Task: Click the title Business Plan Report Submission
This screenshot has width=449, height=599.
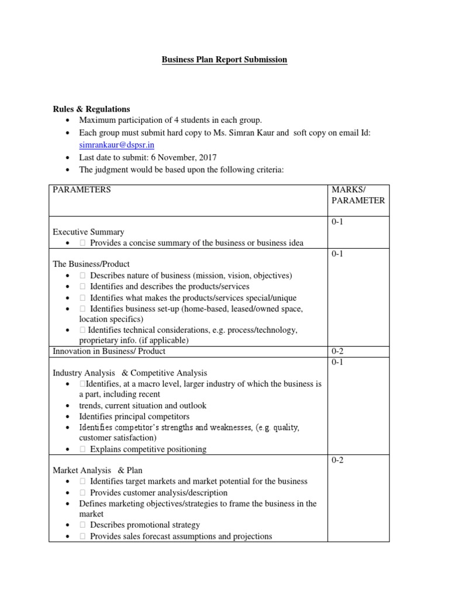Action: tap(224, 60)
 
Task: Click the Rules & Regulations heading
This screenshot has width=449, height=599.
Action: tap(91, 109)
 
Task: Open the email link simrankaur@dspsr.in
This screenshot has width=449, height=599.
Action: tap(116, 144)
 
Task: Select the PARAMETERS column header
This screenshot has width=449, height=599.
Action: tap(82, 190)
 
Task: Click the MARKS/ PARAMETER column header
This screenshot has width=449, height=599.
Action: tap(358, 195)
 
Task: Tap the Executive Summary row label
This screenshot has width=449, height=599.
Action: tap(88, 232)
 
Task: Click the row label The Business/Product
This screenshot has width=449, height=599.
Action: tap(91, 264)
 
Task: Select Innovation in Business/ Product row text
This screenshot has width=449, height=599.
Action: tap(109, 351)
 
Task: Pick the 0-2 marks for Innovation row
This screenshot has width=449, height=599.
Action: tap(338, 351)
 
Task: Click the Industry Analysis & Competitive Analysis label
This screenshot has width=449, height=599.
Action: tap(130, 373)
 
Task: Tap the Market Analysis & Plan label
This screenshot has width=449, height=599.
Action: tap(98, 470)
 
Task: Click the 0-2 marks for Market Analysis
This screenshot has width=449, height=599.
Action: tap(338, 460)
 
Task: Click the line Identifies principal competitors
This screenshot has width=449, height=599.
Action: tap(134, 416)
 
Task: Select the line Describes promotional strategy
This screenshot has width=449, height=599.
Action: tap(144, 525)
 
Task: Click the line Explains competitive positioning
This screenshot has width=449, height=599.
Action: tap(148, 449)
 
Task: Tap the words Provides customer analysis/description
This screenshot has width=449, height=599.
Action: tap(158, 493)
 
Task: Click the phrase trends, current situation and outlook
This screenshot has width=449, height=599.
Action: tap(143, 405)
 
